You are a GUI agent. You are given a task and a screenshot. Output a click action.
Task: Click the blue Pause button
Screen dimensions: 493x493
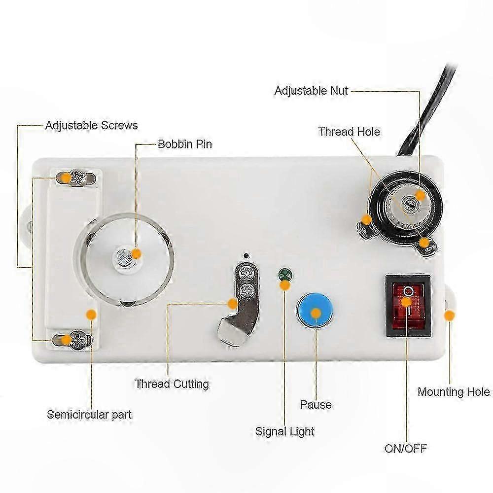coord(315,310)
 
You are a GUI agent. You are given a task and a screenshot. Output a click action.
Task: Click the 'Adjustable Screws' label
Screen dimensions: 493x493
coord(92,125)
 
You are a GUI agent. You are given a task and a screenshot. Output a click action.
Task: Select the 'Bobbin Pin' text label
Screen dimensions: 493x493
coord(185,144)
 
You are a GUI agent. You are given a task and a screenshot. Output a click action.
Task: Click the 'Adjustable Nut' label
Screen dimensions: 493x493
coord(311,91)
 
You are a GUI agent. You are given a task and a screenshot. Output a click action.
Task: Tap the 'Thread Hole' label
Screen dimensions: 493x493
coord(349,132)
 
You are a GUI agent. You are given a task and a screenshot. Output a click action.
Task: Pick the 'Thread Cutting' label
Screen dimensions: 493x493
coord(172,384)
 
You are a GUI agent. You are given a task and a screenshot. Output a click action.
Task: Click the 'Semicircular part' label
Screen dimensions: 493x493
coord(89,415)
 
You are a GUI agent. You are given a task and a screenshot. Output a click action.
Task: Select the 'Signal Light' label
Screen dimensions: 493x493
coord(285,431)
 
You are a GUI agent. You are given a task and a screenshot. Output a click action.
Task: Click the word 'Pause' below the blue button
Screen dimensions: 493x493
coord(316,404)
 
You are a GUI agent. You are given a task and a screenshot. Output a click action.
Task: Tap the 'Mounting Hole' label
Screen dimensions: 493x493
coord(454,392)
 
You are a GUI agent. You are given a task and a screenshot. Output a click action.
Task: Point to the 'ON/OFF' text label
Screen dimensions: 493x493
coord(406,448)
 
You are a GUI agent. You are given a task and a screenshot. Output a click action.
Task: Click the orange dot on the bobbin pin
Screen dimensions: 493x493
coord(136,254)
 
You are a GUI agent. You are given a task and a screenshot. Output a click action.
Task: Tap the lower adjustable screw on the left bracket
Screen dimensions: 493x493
coord(77,340)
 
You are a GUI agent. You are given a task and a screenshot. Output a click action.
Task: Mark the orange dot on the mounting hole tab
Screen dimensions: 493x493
coord(450,315)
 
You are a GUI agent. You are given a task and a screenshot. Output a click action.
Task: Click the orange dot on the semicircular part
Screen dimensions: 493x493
coord(91,314)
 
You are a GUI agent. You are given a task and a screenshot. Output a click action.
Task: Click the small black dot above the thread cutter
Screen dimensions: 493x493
coord(246,255)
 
